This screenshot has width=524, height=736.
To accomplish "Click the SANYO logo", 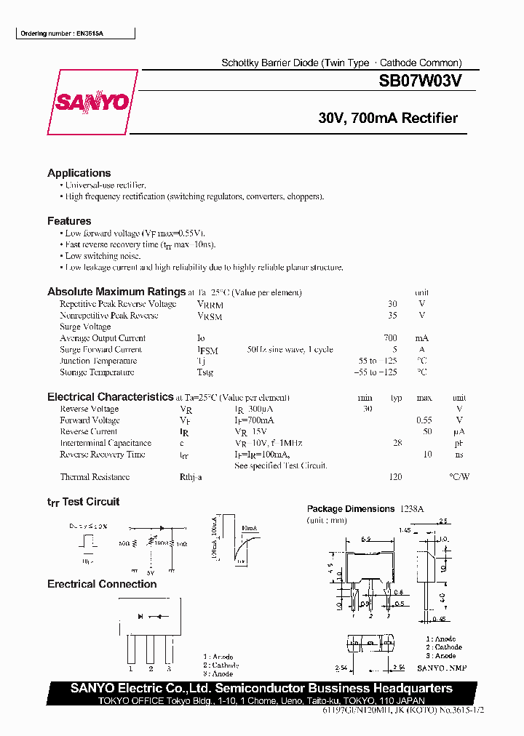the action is tap(92, 103).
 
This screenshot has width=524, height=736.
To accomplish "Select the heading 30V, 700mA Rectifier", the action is tap(388, 119).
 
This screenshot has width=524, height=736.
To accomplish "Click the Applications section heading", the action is tap(79, 173).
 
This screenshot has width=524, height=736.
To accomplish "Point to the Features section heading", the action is tap(69, 221).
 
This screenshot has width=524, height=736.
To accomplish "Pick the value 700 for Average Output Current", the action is tap(391, 338).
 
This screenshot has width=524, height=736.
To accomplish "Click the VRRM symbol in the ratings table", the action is tap(210, 305).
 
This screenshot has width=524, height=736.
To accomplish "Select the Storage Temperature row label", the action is tap(97, 372).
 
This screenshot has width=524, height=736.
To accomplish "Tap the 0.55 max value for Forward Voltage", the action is tap(424, 420).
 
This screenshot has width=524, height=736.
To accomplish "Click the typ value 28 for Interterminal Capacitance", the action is tap(397, 443).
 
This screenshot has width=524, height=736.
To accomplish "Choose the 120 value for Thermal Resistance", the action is tap(395, 477).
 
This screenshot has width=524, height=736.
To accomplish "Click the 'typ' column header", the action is tap(396, 398).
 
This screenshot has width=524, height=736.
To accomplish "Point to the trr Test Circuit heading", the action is tap(83, 502).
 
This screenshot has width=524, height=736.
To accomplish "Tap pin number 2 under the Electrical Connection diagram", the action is tap(150, 668).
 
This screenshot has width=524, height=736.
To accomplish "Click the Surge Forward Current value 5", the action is tap(394, 350).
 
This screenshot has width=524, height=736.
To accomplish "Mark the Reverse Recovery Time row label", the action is tap(103, 455).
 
